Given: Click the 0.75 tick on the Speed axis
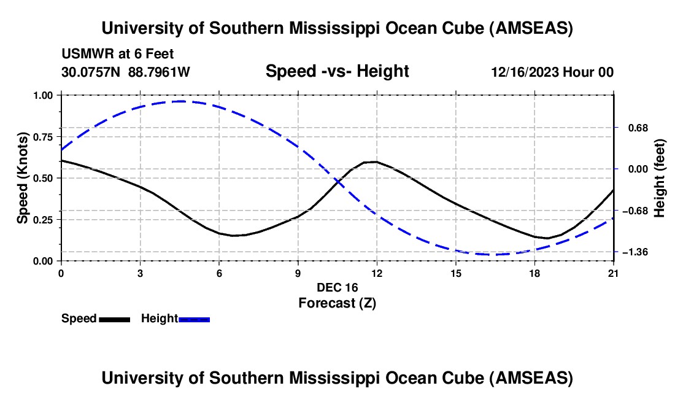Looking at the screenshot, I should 44,136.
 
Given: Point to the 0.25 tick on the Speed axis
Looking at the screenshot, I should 44,219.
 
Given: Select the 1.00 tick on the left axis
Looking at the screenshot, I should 44,95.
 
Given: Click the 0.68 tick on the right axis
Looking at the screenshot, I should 638,128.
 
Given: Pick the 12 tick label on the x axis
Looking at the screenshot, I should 376,273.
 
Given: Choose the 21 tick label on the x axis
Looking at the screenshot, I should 614,273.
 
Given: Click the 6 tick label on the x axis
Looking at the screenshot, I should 219,273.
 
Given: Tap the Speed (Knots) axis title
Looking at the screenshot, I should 22,178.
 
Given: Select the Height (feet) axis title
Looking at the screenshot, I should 659,178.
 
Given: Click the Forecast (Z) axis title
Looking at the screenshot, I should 337,303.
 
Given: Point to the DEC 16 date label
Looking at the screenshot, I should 337,287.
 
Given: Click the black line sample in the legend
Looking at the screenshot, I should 114,319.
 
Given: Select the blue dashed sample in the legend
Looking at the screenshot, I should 195,319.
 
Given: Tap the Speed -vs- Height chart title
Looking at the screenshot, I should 337,71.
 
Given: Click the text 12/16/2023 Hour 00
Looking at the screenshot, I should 552,72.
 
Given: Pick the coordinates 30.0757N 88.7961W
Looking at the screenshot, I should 126,72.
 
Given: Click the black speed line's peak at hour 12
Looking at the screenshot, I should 376,161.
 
